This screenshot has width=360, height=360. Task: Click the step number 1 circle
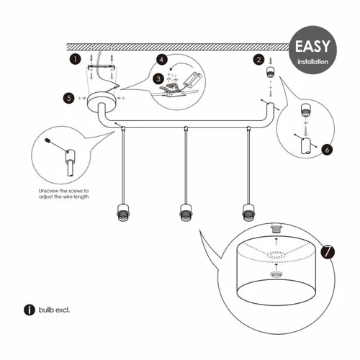click(76, 59)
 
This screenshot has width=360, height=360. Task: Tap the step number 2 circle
click(258, 60)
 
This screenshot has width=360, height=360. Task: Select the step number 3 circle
click(158, 78)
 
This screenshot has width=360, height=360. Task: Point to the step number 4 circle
click(162, 60)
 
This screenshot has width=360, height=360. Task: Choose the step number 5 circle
click(69, 98)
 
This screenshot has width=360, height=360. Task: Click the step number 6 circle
click(327, 150)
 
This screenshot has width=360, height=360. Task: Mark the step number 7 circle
click(328, 252)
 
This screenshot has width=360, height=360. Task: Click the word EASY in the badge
click(312, 46)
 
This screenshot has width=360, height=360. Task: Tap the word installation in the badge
click(312, 62)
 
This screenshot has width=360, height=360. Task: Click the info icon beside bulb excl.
click(30, 310)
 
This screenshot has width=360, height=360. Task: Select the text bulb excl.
click(54, 310)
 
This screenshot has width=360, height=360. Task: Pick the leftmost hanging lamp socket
click(122, 212)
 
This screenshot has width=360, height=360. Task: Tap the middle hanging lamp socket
click(186, 212)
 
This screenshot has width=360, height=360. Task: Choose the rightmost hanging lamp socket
click(248, 212)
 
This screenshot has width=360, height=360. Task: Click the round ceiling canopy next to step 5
click(102, 103)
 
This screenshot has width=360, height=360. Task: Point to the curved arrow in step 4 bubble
click(182, 65)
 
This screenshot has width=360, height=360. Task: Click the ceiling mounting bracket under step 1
click(101, 67)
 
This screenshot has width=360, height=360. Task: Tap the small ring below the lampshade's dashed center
click(276, 274)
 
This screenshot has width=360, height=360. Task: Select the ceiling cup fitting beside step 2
click(271, 72)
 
